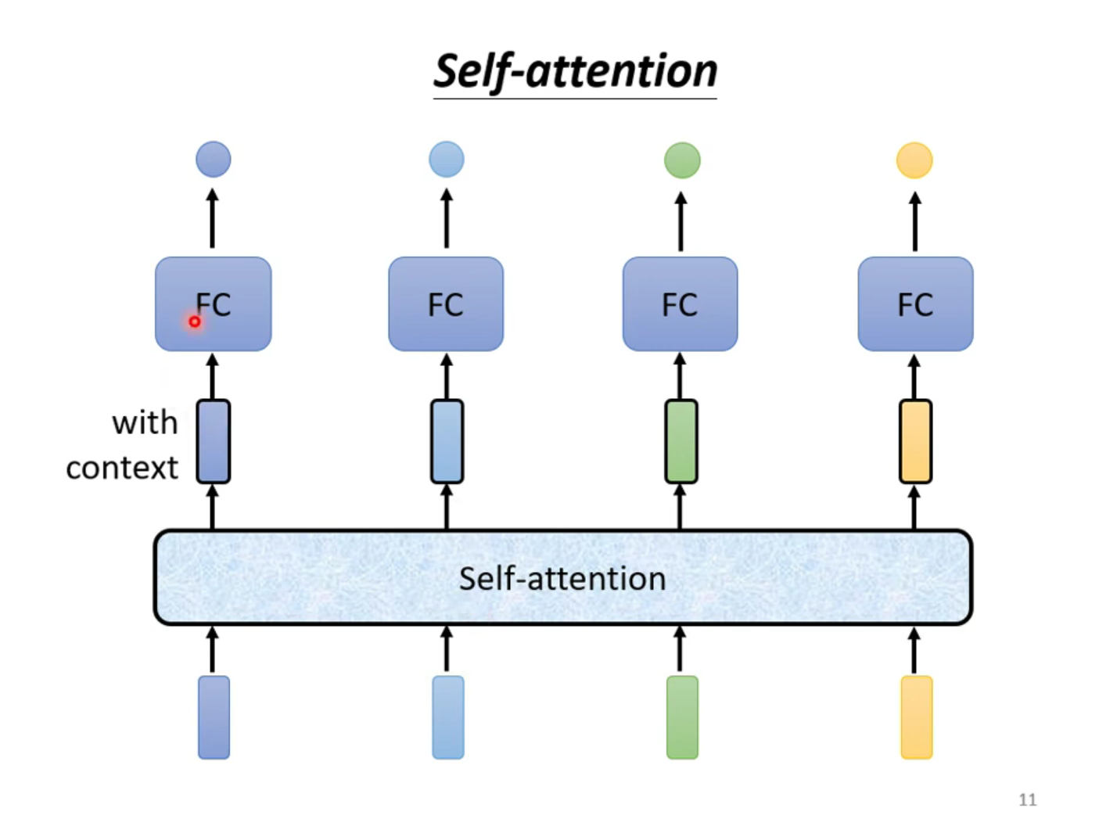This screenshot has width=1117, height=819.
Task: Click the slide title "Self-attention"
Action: (575, 71)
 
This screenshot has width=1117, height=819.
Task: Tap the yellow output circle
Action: (914, 160)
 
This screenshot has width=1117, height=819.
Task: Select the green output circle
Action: (682, 160)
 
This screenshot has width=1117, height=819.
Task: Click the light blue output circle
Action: (447, 160)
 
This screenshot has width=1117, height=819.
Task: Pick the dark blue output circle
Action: (214, 160)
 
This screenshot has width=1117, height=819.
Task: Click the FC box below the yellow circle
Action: (915, 304)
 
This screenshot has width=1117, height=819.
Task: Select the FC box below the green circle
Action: (680, 304)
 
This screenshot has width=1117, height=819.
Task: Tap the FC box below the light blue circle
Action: (446, 304)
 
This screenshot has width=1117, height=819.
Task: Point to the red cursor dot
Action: (195, 321)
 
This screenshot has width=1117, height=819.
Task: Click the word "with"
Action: (145, 423)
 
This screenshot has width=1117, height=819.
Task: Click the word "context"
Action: (122, 469)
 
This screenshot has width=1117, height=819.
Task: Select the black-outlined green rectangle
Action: (681, 442)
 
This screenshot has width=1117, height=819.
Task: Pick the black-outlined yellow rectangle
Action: (915, 442)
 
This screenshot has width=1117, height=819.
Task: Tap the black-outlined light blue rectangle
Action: (447, 442)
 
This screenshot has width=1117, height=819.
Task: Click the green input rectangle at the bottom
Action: (682, 717)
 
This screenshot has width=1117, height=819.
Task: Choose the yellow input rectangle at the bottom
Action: (917, 717)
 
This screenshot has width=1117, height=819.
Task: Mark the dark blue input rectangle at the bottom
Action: (214, 717)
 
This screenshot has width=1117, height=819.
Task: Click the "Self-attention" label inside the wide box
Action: (562, 579)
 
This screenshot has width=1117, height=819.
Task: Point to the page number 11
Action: (1028, 799)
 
